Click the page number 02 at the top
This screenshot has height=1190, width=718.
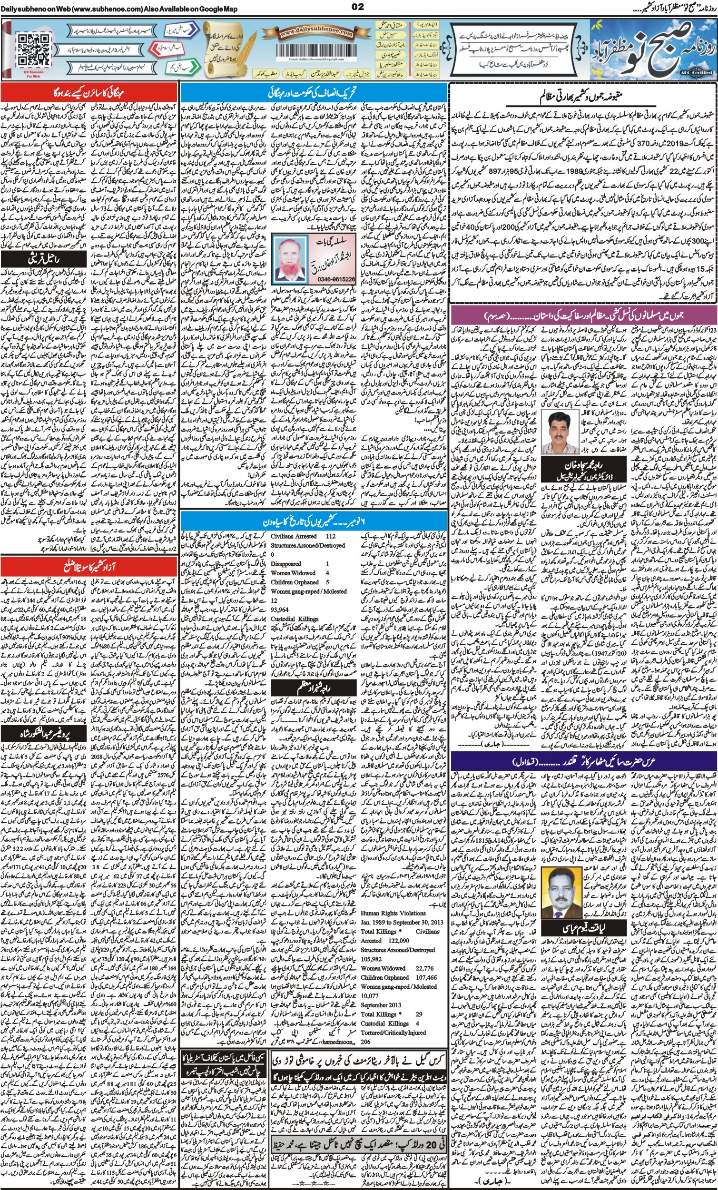pyautogui.click(x=358, y=6)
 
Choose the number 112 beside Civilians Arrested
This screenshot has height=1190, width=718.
pyautogui.click(x=330, y=536)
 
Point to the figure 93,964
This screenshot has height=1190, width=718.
pyautogui.click(x=280, y=610)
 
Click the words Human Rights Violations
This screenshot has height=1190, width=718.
pyautogui.click(x=393, y=913)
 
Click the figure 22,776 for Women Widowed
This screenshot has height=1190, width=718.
pyautogui.click(x=424, y=968)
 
